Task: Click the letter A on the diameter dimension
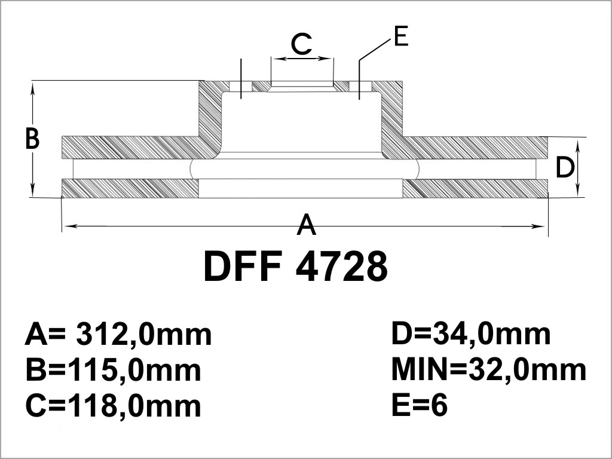307,225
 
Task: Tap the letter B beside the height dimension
32,139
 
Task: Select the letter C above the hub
302,44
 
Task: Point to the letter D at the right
565,167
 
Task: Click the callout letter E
401,36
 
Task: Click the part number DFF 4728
295,267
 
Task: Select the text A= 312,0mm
118,335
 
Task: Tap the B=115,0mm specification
113,371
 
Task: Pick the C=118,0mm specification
113,406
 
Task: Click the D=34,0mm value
471,335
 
